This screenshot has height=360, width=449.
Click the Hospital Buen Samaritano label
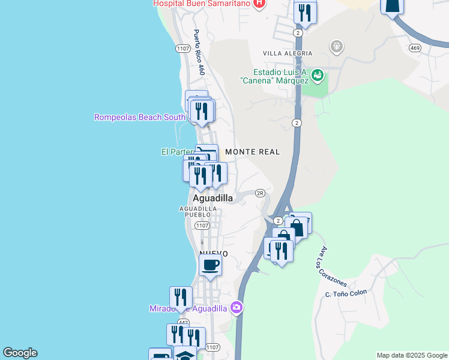pos(201,3)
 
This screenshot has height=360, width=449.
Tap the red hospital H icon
pos(259,4)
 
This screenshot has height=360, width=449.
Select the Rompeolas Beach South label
pos(139,117)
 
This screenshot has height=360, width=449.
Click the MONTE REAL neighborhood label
pos(253,152)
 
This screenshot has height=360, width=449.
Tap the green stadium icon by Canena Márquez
pos(318,75)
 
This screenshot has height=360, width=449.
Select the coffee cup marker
pos(210,265)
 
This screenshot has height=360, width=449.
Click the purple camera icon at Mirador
pos(237,308)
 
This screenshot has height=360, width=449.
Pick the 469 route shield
pos(415,47)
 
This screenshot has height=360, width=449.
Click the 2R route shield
pos(260,193)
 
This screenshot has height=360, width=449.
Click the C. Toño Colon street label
pos(345,293)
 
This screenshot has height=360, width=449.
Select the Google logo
pos(20,353)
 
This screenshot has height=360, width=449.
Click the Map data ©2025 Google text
pos(412,355)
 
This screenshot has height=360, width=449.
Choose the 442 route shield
pos(183,322)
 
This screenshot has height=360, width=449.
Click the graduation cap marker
pos(185,355)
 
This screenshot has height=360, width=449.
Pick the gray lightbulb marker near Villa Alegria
pos(337,46)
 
